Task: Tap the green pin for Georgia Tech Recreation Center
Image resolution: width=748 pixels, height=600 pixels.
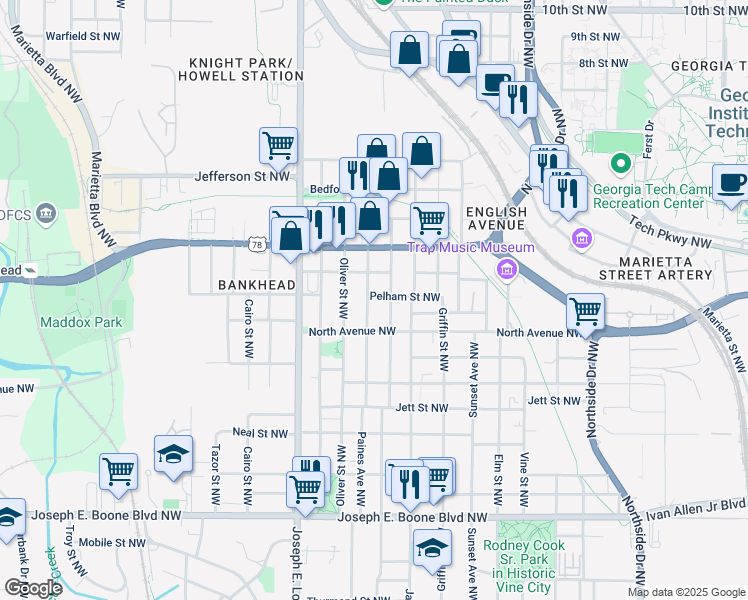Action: coord(620,163)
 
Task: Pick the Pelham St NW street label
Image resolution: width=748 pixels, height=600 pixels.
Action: coord(405,297)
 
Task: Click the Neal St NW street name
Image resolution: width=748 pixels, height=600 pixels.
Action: coord(260,433)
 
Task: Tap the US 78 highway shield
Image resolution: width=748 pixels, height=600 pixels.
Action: coord(257,244)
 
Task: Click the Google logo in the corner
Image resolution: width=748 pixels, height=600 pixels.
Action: coord(33,587)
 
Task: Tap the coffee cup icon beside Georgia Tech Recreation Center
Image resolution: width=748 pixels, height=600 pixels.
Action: coord(730,182)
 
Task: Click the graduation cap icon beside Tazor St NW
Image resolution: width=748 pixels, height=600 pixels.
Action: coord(174,453)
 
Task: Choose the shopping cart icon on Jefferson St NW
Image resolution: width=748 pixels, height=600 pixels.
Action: coord(278,145)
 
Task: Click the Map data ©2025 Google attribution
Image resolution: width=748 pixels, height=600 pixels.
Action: coord(686,592)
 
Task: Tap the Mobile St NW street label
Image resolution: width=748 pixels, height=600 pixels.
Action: coord(112,542)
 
